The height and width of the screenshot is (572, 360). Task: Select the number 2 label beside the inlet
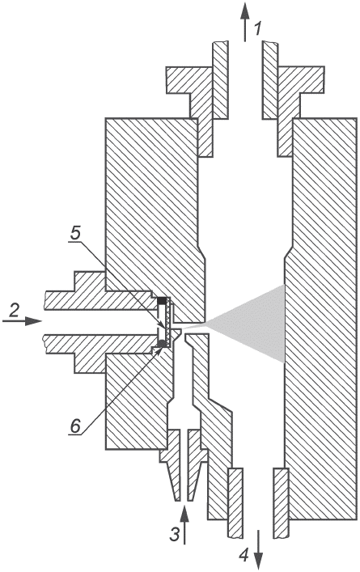coord(14,310)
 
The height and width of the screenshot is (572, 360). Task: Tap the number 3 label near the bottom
coord(175,535)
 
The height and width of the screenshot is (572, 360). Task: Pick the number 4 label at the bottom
coord(244,555)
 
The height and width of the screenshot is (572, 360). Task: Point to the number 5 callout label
coord(75,234)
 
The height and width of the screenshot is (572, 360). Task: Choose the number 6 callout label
coord(75,426)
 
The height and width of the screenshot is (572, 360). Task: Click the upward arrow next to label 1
coord(245,22)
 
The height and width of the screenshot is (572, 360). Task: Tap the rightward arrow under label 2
coord(23,321)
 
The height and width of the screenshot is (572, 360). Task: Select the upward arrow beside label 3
coord(185,524)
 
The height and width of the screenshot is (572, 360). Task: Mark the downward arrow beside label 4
coord(258,549)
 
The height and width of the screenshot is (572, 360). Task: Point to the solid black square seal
coord(162,301)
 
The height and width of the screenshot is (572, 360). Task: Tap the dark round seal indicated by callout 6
coord(161,343)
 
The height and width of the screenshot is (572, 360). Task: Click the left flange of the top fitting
coord(188,99)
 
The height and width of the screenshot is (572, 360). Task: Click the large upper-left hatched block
coord(153,212)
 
